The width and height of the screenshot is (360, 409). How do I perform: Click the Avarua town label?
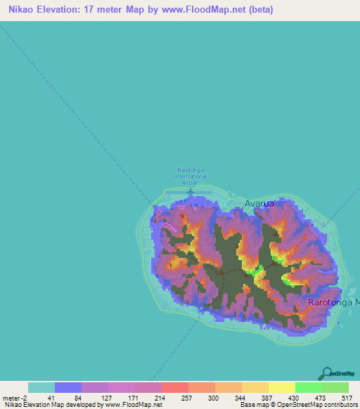pyautogui.click(x=259, y=203)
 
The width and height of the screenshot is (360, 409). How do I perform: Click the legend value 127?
pyautogui.click(x=106, y=398)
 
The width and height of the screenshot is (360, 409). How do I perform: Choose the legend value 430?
pyautogui.click(x=294, y=398)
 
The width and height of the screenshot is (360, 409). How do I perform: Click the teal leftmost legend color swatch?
pyautogui.click(x=41, y=387)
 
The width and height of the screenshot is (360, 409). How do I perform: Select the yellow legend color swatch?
pyautogui.click(x=281, y=387)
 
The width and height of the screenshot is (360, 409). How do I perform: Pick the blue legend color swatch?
pyautogui.click(x=68, y=387)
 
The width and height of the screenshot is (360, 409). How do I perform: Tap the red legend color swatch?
pyautogui.click(x=175, y=387)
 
